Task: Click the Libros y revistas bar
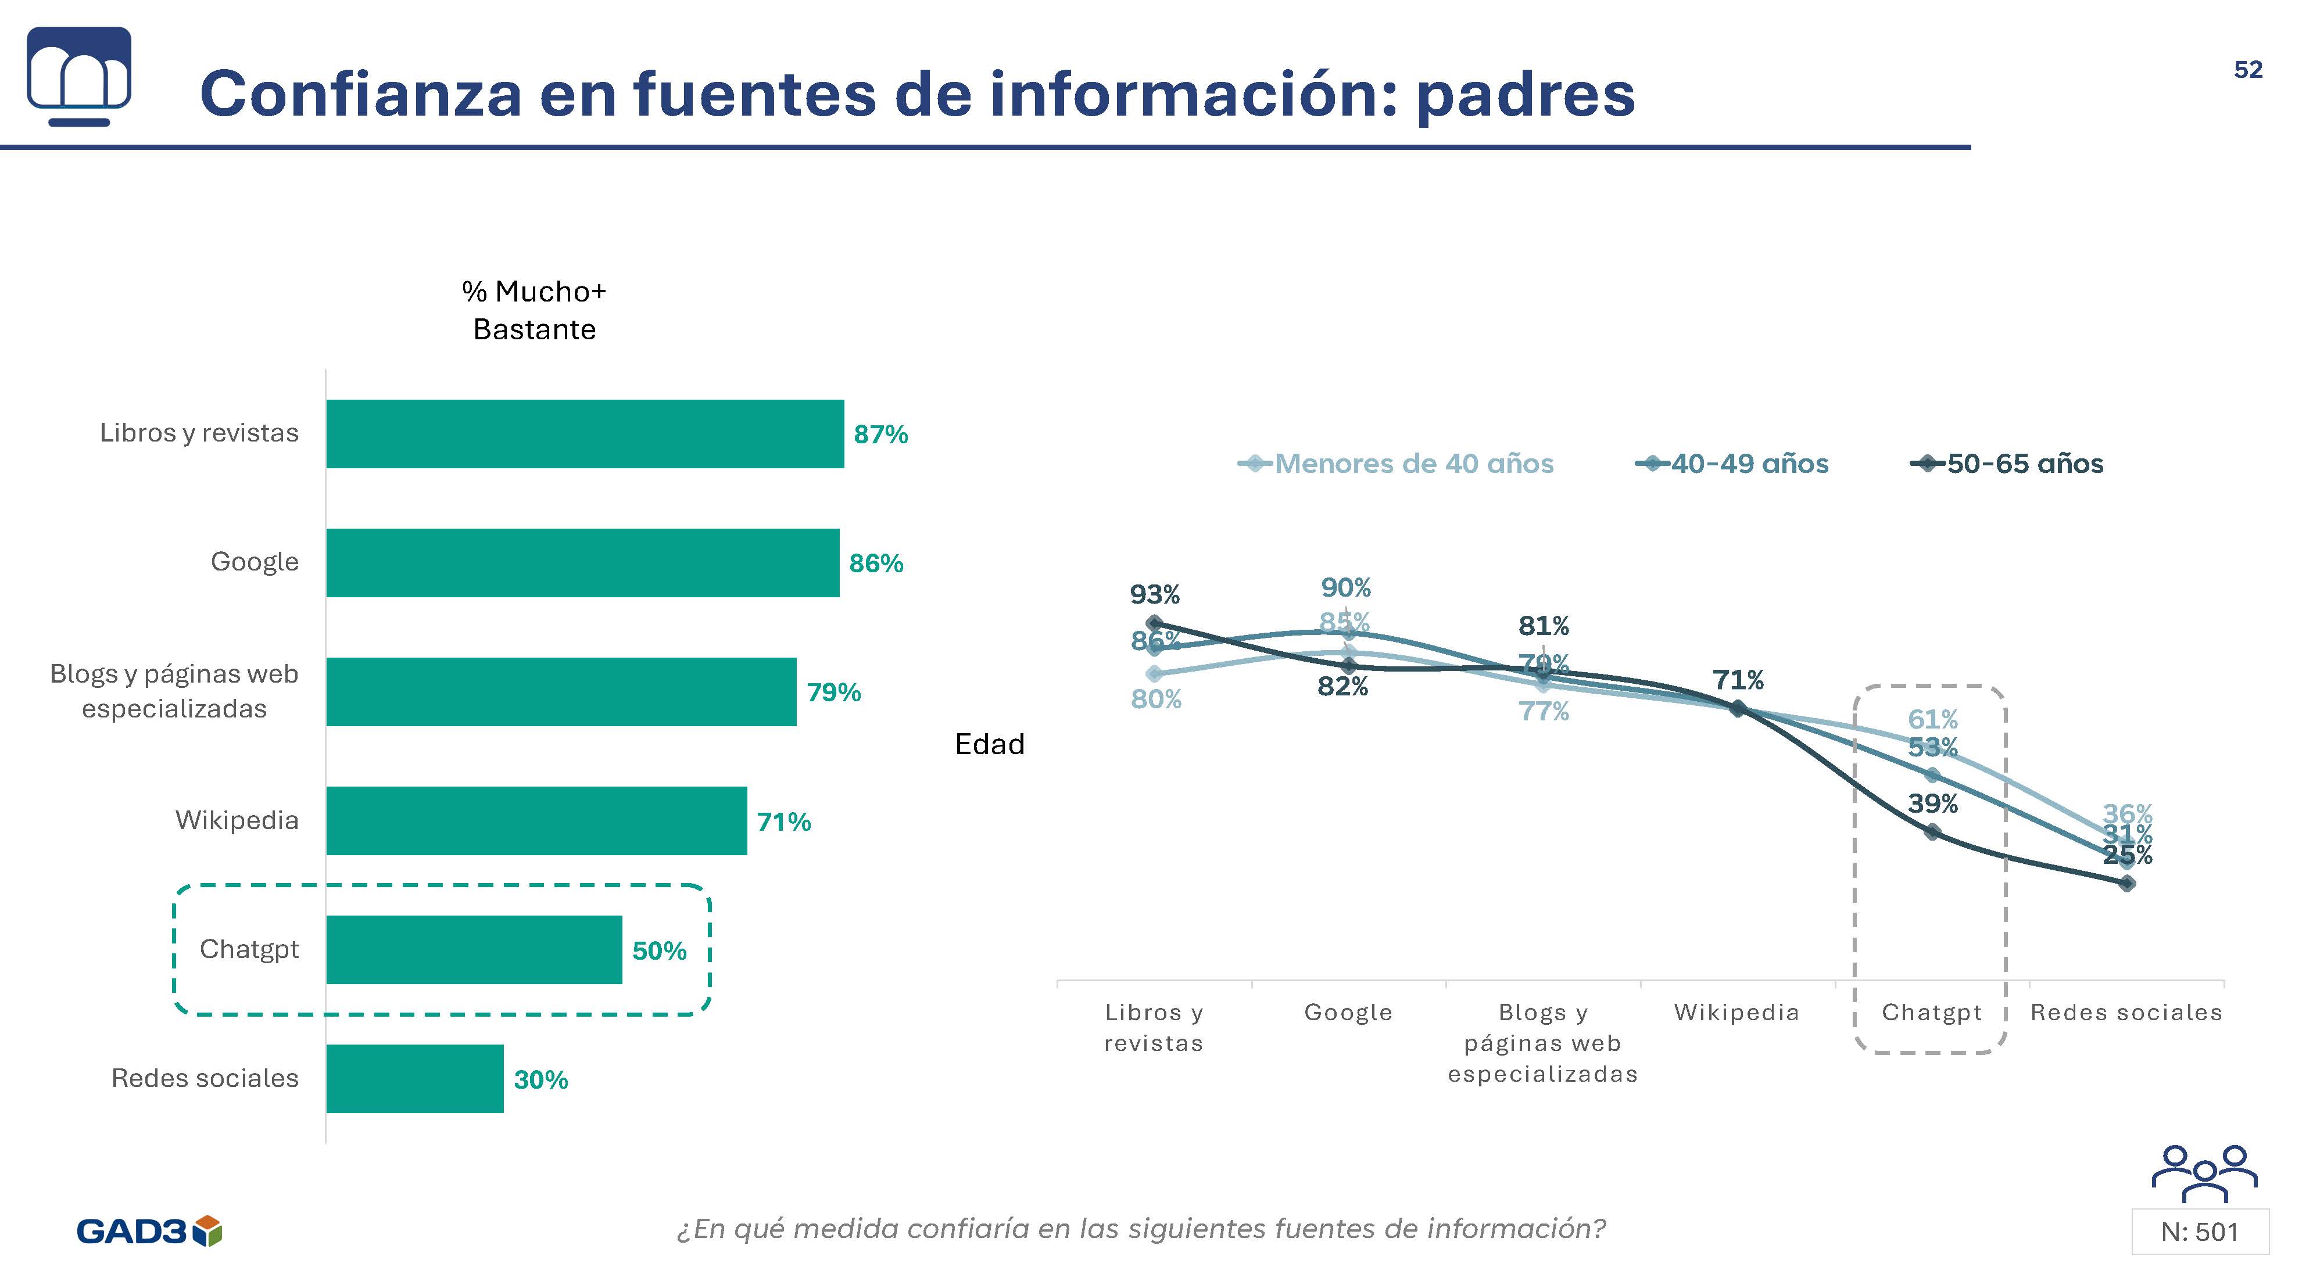pyautogui.click(x=585, y=433)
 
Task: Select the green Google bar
pyautogui.click(x=582, y=563)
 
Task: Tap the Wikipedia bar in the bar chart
pyautogui.click(x=536, y=820)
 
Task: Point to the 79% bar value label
pyautogui.click(x=833, y=692)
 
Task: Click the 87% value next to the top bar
pyautogui.click(x=880, y=435)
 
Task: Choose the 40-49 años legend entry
pyautogui.click(x=1748, y=463)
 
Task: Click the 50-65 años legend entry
pyautogui.click(x=2024, y=463)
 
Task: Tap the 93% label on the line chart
pyautogui.click(x=1155, y=594)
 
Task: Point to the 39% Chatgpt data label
pyautogui.click(x=1932, y=803)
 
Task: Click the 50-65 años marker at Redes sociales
pyautogui.click(x=2126, y=883)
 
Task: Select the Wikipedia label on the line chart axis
pyautogui.click(x=1736, y=1013)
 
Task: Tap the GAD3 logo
pyautogui.click(x=149, y=1230)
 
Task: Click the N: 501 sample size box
pyautogui.click(x=2199, y=1232)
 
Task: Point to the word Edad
pyautogui.click(x=990, y=744)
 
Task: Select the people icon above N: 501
pyautogui.click(x=2204, y=1174)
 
